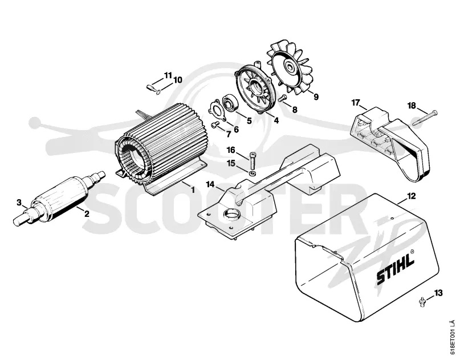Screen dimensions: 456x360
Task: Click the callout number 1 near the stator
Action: (x=193, y=190)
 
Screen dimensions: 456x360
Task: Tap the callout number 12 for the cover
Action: (x=411, y=196)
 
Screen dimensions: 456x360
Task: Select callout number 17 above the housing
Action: (x=356, y=103)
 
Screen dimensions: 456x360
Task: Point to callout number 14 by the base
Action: (x=210, y=184)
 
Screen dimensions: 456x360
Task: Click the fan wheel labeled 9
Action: (x=290, y=68)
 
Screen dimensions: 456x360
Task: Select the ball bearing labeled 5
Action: (x=230, y=103)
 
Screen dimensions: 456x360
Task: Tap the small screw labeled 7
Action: (x=215, y=124)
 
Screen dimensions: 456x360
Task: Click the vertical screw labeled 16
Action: (x=252, y=161)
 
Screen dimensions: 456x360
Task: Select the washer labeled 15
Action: (x=253, y=173)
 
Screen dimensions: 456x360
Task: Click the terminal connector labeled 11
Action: (x=150, y=88)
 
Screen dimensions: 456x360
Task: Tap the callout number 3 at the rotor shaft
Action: (x=19, y=202)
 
